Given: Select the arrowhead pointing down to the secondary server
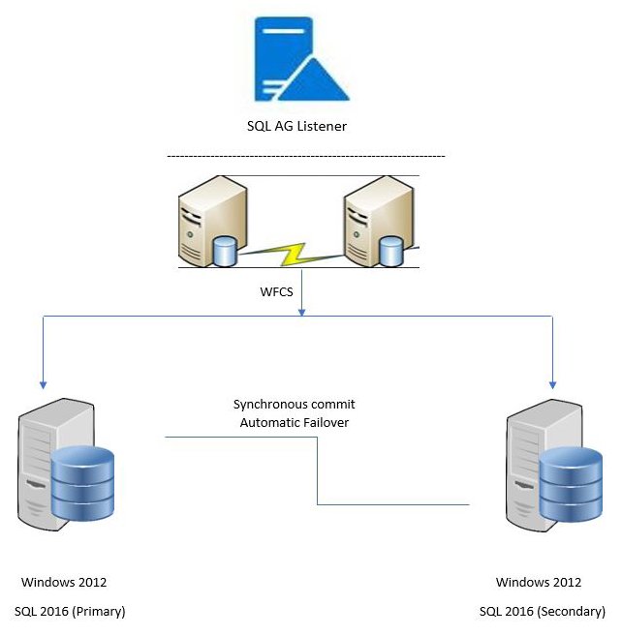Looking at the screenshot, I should click(x=552, y=381).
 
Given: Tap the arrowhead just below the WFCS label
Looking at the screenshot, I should click(x=303, y=311).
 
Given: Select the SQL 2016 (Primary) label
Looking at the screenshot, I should click(x=70, y=612).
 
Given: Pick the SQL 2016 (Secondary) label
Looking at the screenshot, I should click(x=542, y=612).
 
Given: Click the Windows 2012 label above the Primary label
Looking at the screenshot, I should click(x=64, y=583).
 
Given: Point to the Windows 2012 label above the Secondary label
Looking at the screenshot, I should click(x=539, y=583).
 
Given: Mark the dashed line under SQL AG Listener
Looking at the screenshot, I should click(x=305, y=156).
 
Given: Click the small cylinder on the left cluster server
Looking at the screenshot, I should click(x=224, y=251).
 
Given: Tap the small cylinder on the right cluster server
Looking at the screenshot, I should click(x=391, y=250).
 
